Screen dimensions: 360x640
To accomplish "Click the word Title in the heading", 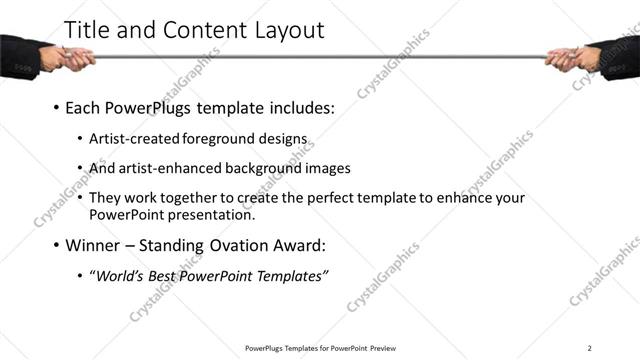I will (x=87, y=30).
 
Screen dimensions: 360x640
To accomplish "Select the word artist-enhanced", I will (x=169, y=168).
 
